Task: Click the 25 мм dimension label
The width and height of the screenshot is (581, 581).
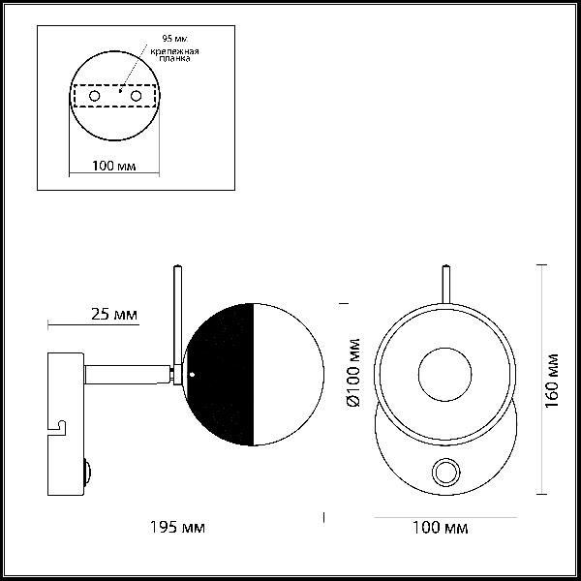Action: (114, 314)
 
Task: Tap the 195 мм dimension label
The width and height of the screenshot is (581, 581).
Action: (177, 527)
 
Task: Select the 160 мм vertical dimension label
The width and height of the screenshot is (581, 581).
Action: (551, 381)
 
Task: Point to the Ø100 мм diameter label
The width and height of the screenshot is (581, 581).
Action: (353, 373)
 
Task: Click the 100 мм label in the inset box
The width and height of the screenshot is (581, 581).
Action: (113, 166)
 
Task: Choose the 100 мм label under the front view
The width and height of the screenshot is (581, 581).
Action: (441, 528)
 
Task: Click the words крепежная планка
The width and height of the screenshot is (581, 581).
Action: (174, 54)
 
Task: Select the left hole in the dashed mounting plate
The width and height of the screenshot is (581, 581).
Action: (95, 96)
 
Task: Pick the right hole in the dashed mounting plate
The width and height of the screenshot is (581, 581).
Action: (136, 96)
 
